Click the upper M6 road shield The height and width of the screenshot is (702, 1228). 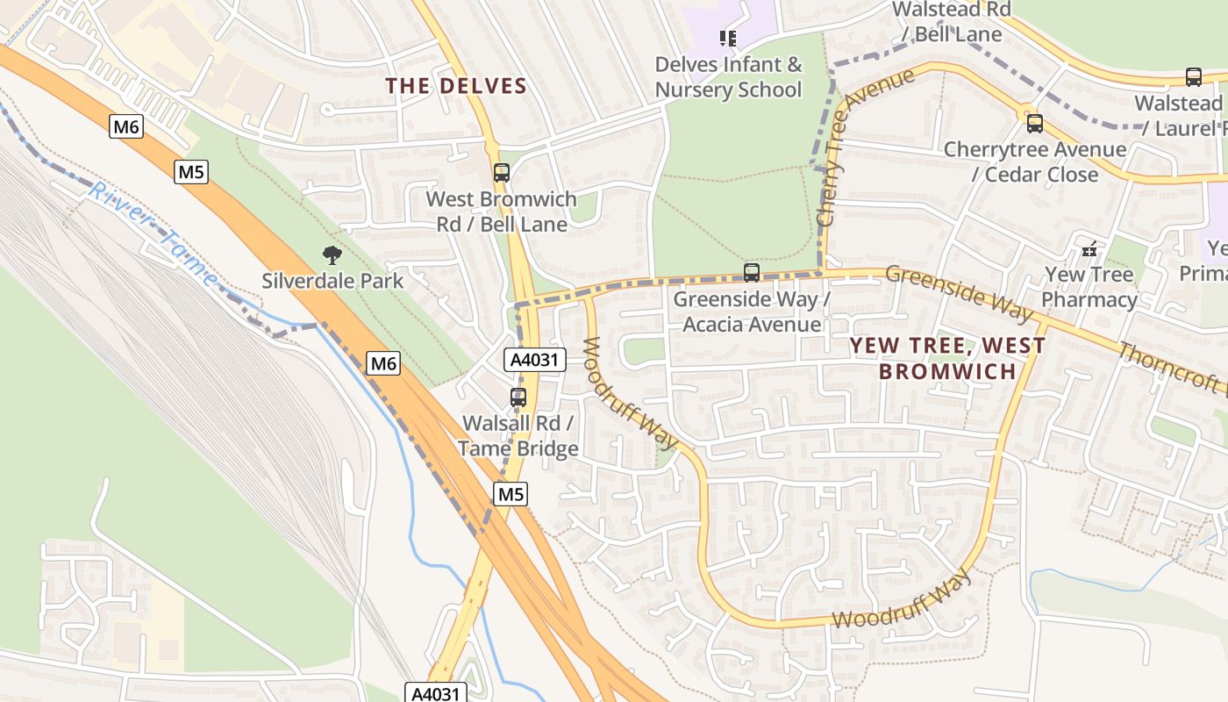[x=126, y=127]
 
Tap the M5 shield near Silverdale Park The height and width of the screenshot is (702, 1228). [x=191, y=171]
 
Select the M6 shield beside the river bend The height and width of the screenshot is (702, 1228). [x=382, y=362]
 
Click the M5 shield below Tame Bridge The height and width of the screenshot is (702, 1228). [x=510, y=494]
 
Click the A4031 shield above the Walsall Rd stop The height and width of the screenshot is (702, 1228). [x=535, y=359]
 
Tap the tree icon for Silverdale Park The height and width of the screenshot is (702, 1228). [x=332, y=255]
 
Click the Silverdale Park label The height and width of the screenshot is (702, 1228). [x=332, y=281]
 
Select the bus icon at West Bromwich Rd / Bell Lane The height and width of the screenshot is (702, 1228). [x=501, y=173]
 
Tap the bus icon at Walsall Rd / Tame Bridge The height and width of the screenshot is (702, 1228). [x=518, y=398]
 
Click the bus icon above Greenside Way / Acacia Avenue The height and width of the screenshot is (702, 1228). [x=751, y=273]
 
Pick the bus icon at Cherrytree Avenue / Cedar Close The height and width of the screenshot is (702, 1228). [x=1034, y=124]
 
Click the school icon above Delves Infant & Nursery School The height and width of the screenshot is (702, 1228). [x=727, y=38]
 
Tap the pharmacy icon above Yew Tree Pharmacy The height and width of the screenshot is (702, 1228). [x=1089, y=250]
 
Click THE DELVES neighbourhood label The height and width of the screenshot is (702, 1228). [x=456, y=86]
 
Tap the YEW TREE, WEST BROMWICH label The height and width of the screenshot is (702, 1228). [x=947, y=358]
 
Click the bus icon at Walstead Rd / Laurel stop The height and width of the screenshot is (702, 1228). [x=1193, y=77]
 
